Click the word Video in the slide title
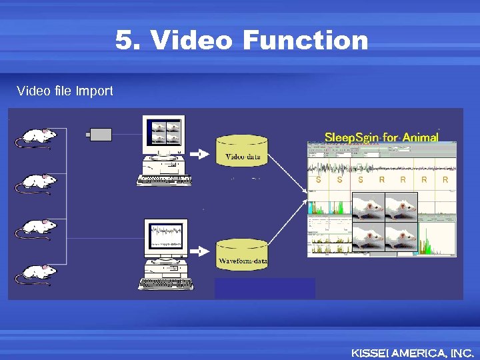point(191,41)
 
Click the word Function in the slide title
point(305,41)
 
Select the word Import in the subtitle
point(94,91)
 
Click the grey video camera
point(100,135)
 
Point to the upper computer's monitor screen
point(165,131)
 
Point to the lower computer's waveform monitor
point(165,236)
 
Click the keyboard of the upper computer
point(163,179)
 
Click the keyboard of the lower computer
point(165,283)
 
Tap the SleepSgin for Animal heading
point(381,137)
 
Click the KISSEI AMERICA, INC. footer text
point(412,353)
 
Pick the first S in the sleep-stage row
point(319,179)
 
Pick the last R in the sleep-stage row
point(445,179)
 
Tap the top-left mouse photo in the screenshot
point(368,207)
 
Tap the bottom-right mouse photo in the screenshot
point(401,237)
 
